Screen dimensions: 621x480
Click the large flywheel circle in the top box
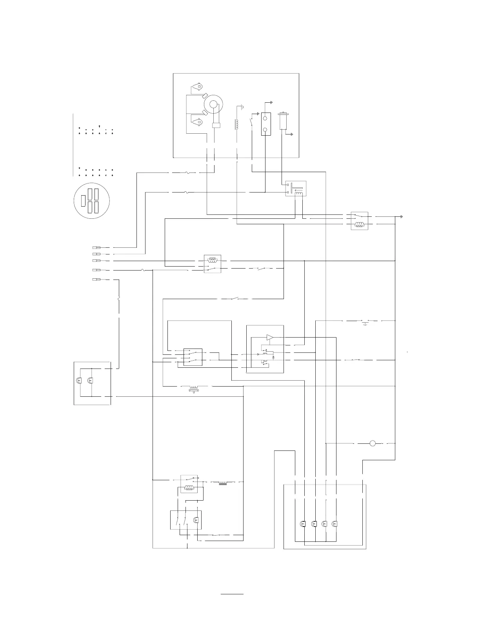pos(213,104)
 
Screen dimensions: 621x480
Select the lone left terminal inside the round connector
pos(83,201)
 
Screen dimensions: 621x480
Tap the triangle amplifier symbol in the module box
pos(269,337)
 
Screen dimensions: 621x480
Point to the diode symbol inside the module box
pos(273,358)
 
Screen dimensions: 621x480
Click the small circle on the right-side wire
pos(373,443)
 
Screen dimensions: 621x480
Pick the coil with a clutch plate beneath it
pos(193,388)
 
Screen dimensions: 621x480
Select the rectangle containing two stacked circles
pos(266,124)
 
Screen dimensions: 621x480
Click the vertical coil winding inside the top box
pos(236,124)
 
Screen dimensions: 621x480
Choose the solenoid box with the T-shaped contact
pos(296,189)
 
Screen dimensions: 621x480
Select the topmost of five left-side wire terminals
pos(96,248)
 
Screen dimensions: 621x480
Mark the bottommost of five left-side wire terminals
pos(96,280)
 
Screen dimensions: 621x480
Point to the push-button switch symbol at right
pos(365,322)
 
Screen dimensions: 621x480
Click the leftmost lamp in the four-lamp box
pos(303,524)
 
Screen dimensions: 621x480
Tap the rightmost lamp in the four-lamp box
pos(335,524)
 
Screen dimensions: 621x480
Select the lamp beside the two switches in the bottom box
pos(196,520)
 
